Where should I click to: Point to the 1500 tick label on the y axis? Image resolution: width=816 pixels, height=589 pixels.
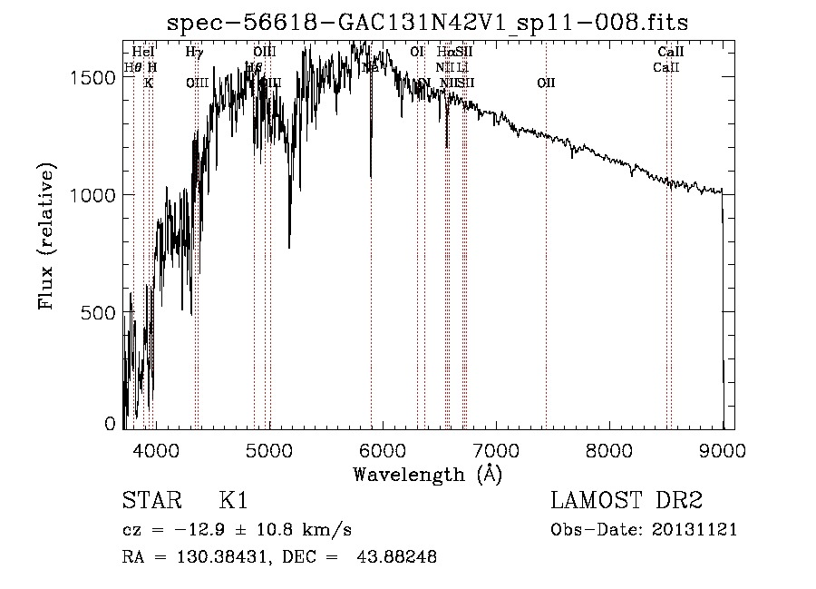94,78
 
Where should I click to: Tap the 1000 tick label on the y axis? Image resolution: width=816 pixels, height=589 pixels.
94,195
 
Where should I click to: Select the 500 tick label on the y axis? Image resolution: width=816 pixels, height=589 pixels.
100,312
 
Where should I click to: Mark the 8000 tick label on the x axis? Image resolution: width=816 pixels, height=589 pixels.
608,450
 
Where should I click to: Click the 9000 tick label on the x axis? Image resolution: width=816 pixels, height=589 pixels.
722,450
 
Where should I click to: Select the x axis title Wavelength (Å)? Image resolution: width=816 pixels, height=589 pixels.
427,474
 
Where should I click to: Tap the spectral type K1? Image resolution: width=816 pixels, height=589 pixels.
233,501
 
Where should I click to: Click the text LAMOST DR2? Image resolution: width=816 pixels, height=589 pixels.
627,501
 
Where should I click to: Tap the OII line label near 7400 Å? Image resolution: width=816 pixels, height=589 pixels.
546,83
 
